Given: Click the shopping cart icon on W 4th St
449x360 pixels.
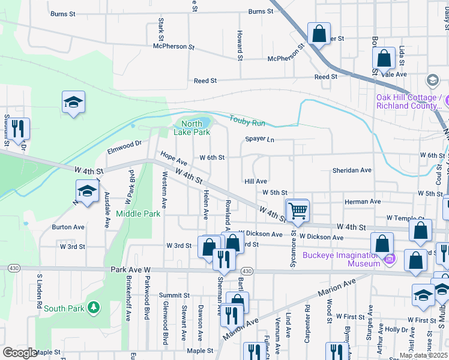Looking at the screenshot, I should coord(297,211).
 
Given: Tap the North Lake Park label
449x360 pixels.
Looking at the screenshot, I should coord(191,128).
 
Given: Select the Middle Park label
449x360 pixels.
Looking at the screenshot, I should coord(138,214).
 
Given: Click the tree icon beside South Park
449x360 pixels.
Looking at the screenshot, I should coord(93,308).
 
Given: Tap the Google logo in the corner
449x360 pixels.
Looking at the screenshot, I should coord(19,353).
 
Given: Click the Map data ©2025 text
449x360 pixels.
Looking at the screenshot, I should coord(423,355).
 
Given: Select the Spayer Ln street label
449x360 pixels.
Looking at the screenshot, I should coord(259,139).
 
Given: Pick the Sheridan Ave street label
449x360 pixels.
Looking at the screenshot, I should coord(352,170).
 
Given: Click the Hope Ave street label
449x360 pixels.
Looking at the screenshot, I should coord(173,163).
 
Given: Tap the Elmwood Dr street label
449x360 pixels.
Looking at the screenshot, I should coord(124,143).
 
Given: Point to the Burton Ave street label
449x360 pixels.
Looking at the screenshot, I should coord(68,227).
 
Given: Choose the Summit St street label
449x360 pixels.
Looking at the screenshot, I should coord(174,295).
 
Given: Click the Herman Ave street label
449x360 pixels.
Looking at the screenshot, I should coord(363,202).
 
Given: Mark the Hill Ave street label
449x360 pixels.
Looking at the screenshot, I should coord(255,181).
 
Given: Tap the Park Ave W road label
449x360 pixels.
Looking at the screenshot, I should coord(131,271).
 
